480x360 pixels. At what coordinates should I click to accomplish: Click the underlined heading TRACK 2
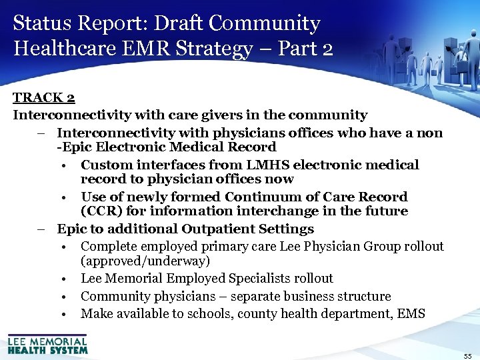click(x=43, y=98)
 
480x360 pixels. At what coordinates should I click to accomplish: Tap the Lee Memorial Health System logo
click(x=47, y=343)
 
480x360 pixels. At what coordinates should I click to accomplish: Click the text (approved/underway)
click(x=145, y=261)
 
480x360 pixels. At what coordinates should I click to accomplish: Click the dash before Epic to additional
click(x=41, y=229)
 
